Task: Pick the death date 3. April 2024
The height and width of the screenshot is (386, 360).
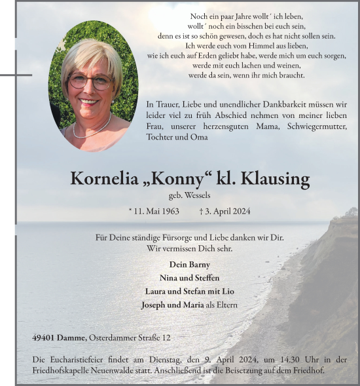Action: click(x=224, y=212)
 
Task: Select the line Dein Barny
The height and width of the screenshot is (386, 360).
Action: click(x=189, y=265)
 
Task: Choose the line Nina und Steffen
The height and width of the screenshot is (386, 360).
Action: click(x=189, y=278)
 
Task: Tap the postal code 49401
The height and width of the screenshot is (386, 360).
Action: click(x=44, y=338)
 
